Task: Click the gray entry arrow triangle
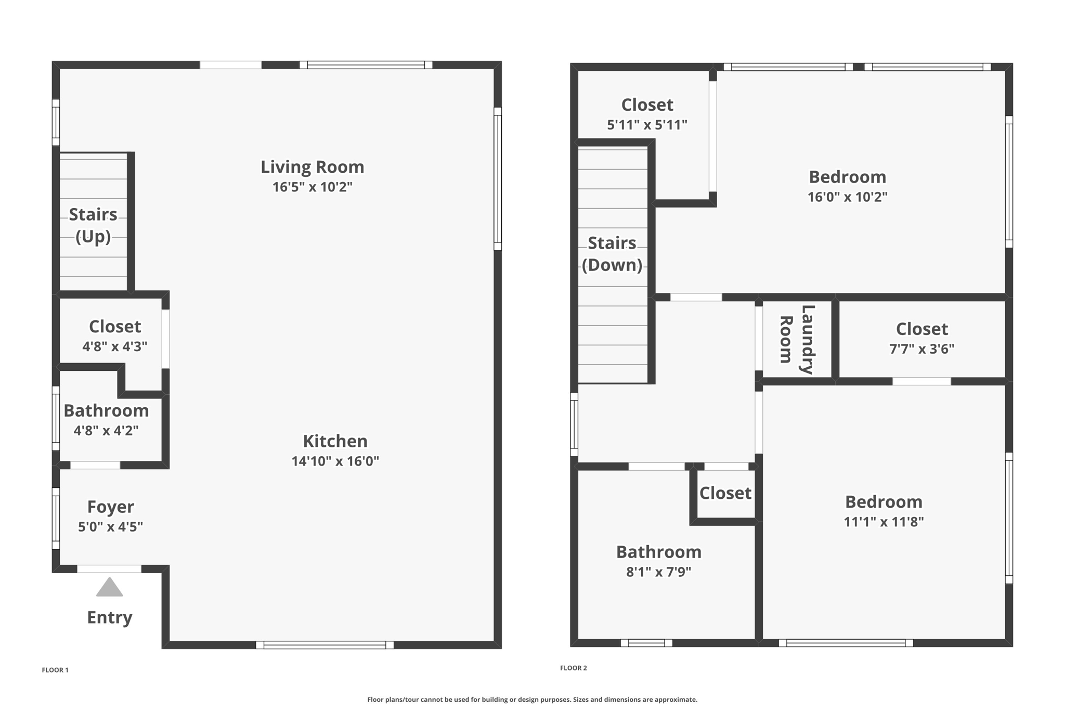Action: click(x=109, y=587)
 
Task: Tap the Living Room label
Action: click(x=312, y=167)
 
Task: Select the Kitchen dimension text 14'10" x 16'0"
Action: click(x=335, y=461)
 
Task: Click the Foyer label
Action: click(x=110, y=507)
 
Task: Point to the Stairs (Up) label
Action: click(x=93, y=225)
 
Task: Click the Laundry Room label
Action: click(x=796, y=339)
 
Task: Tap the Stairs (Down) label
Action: click(x=612, y=254)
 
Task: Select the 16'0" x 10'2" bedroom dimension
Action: click(x=847, y=197)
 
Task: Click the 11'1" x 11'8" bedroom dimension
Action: click(x=884, y=522)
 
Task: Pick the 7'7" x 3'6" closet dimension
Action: click(x=921, y=349)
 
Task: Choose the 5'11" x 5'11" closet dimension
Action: click(x=647, y=125)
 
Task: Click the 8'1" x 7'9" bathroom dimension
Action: click(x=658, y=572)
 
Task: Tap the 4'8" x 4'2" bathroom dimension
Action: click(x=106, y=431)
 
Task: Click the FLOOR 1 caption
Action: click(x=55, y=670)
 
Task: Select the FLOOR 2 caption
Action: click(x=573, y=668)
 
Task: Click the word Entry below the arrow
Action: click(x=109, y=617)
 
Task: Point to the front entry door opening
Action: click(x=109, y=569)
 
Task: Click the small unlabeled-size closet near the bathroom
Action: click(x=725, y=493)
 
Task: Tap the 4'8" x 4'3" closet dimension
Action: click(x=114, y=346)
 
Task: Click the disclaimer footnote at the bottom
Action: click(x=532, y=700)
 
